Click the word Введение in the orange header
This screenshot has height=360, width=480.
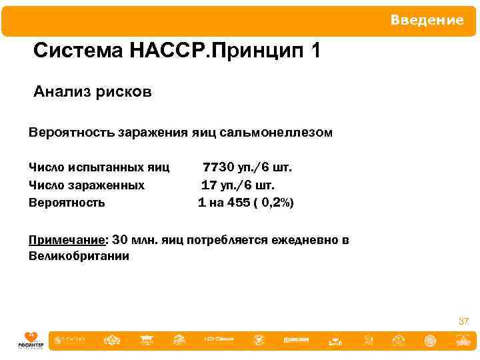(427, 21)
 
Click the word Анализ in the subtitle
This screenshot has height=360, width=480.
(60, 91)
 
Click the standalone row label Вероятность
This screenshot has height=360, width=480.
(67, 203)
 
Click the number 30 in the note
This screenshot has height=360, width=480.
(122, 239)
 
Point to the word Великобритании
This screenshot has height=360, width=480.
(79, 256)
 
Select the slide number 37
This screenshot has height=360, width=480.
(464, 322)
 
